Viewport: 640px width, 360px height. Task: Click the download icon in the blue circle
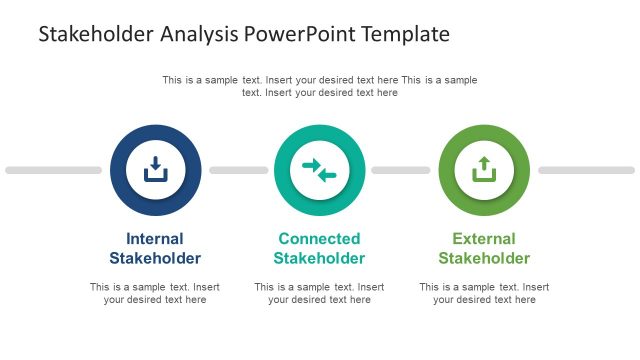coord(155,170)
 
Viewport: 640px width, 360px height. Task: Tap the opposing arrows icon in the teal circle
coord(319,170)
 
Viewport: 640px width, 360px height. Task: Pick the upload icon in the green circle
coord(484,170)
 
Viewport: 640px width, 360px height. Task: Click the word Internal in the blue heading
coord(155,239)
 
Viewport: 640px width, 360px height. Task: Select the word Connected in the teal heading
coord(319,239)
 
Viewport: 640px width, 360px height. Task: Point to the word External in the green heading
coord(484,239)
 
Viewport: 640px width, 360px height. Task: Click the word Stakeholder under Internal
coord(155,258)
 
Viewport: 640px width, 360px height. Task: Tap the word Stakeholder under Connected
coord(319,258)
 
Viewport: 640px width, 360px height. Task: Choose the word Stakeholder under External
coord(484,258)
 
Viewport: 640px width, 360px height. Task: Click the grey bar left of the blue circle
coord(53,170)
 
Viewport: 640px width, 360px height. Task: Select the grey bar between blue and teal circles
coord(238,170)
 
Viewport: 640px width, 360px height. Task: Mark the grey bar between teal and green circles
coord(401,170)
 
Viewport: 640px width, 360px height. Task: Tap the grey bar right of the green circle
coord(586,170)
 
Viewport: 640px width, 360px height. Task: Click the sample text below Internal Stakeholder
coord(155,293)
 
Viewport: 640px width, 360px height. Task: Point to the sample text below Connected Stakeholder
coord(319,293)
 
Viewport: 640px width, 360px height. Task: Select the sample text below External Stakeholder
coord(484,293)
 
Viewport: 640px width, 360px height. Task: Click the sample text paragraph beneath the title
coord(319,86)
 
